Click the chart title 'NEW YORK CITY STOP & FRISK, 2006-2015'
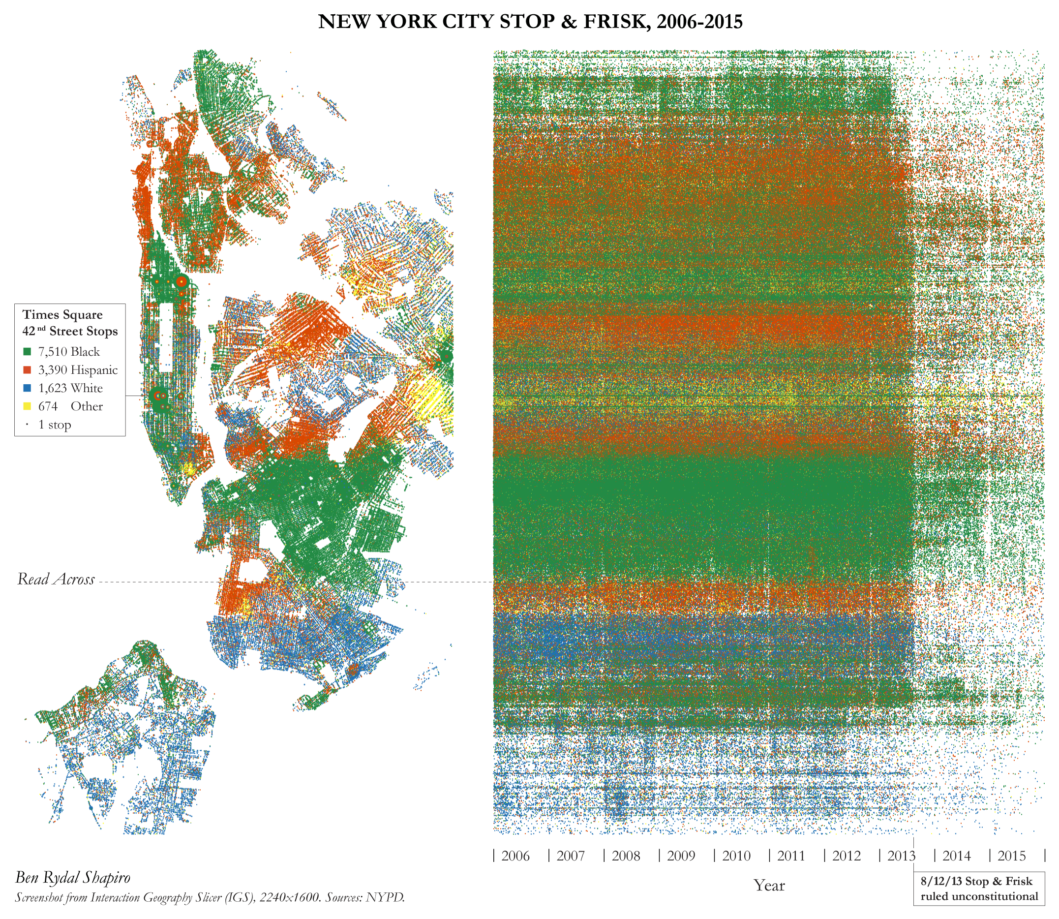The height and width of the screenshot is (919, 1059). point(530,22)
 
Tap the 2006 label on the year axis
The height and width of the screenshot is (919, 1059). point(515,856)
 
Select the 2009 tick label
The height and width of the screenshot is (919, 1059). point(681,856)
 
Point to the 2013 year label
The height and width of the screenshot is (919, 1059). point(901,856)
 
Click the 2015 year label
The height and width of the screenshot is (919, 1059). point(1011,856)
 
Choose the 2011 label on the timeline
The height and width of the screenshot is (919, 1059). point(791,856)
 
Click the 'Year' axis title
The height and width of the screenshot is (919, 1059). point(769,885)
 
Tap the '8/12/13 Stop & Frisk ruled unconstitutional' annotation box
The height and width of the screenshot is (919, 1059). point(978,888)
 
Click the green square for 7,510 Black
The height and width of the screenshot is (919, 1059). point(27,352)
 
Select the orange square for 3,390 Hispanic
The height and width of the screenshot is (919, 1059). point(27,370)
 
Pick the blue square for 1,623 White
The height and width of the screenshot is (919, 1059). point(27,388)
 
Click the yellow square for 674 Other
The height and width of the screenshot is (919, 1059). point(27,406)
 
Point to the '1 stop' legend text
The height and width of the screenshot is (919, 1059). point(55,425)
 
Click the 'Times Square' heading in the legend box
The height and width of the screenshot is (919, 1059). point(62,314)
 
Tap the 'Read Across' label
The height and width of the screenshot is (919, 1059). point(56,579)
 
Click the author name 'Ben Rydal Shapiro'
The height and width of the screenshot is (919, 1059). point(72,878)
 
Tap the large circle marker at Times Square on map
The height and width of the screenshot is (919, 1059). point(157,396)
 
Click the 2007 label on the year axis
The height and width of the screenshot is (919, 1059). point(570,856)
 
